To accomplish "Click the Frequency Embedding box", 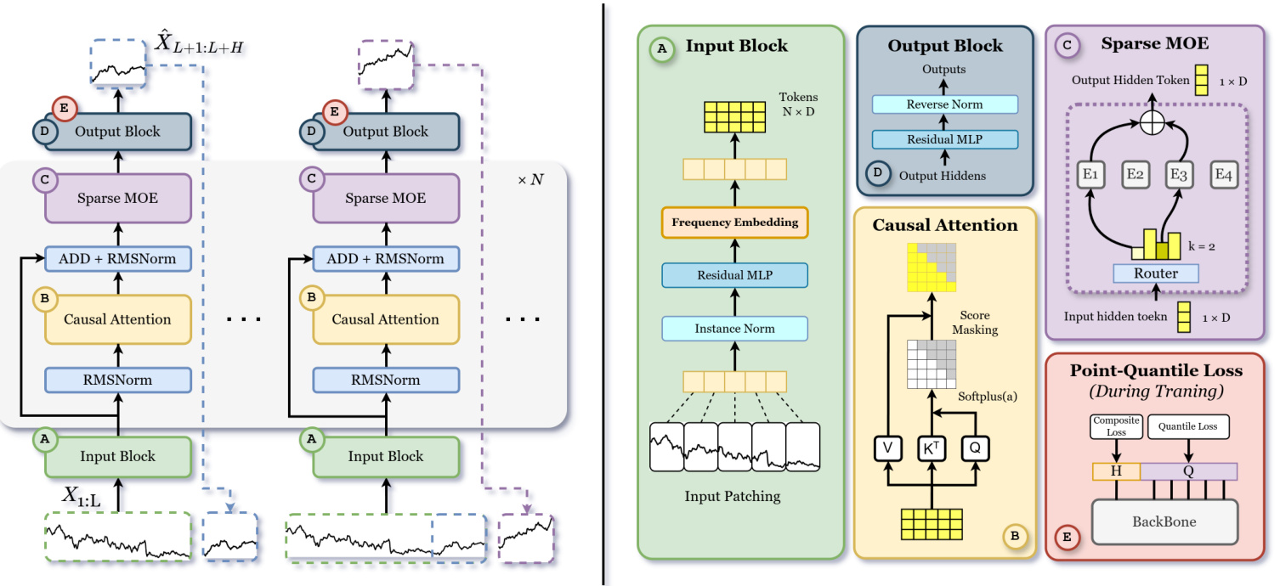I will pyautogui.click(x=734, y=223).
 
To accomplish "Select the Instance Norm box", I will pyautogui.click(x=734, y=328).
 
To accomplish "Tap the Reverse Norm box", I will pyautogui.click(x=944, y=104).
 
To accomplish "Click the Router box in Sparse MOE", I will pyautogui.click(x=1155, y=273).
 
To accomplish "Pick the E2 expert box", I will pyautogui.click(x=1135, y=176).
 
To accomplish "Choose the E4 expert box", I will pyautogui.click(x=1223, y=176).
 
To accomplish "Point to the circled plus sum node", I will pyautogui.click(x=1152, y=123).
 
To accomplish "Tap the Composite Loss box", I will pyautogui.click(x=1113, y=426).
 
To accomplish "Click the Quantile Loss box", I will pyautogui.click(x=1188, y=426).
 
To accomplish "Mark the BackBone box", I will pyautogui.click(x=1164, y=521).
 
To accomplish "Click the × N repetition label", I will pyautogui.click(x=530, y=182).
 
